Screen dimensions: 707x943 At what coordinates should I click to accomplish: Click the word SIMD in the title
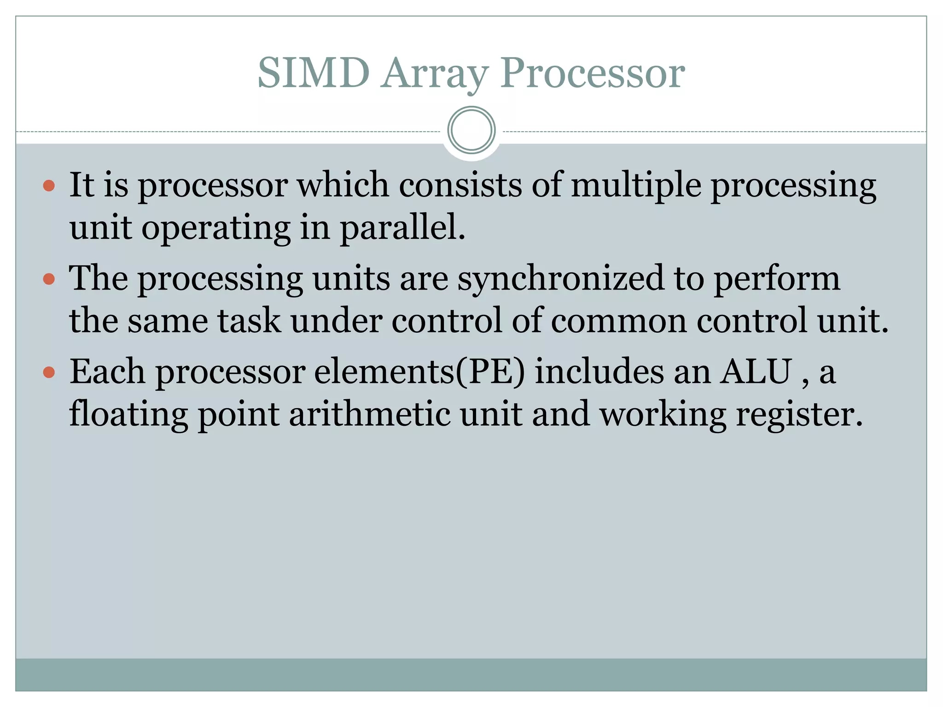314,73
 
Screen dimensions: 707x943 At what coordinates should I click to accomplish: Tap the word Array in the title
435,73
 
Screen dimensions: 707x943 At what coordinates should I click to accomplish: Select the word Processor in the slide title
593,73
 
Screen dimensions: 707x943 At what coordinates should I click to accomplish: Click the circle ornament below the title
471,130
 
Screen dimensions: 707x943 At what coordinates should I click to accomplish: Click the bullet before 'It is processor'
49,186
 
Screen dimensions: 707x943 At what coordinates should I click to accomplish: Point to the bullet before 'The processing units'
49,279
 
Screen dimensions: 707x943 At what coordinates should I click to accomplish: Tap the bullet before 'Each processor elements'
49,372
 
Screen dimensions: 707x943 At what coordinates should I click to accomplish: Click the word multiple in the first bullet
636,185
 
